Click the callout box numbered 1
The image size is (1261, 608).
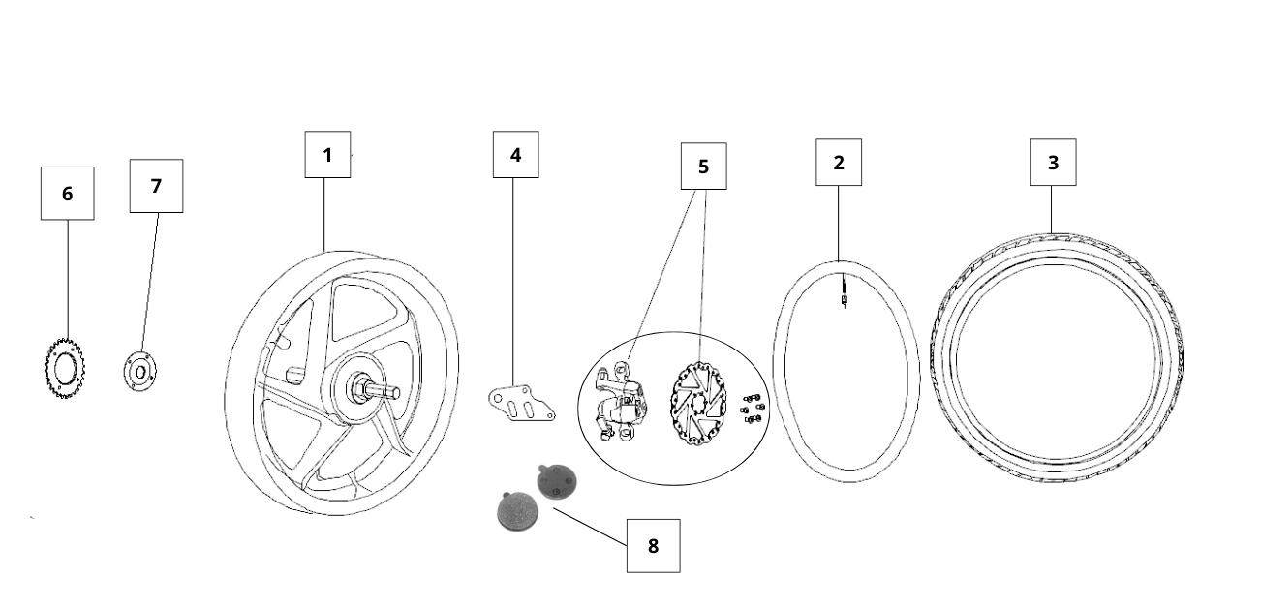pos(327,155)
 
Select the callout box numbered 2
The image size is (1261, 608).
pos(839,163)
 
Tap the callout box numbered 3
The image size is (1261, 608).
pos(1053,163)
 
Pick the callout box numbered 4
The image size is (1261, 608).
pos(515,155)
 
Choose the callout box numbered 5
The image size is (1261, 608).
pos(703,167)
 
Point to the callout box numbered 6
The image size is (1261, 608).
pos(67,194)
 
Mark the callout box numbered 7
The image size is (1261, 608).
pos(156,186)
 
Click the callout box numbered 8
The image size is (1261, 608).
pos(653,545)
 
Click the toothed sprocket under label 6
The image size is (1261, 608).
pos(60,368)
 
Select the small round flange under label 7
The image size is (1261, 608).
pos(139,371)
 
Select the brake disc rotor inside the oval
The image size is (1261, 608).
pos(698,402)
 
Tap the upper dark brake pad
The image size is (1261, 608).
pos(554,479)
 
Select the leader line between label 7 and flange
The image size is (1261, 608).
pos(149,281)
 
